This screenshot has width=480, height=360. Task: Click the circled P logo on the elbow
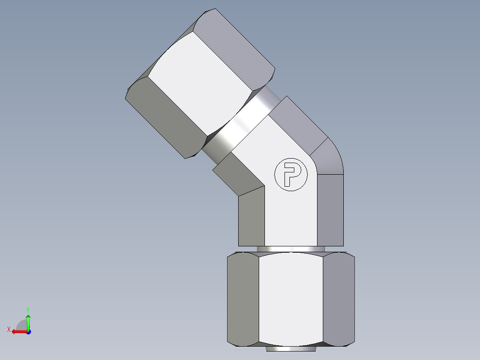tap(291, 174)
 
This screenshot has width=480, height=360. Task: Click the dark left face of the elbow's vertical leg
tap(252, 218)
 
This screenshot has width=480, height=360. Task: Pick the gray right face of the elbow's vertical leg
tap(330, 209)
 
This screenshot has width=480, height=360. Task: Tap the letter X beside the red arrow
tap(8, 329)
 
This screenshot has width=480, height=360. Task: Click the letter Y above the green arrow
tap(28, 309)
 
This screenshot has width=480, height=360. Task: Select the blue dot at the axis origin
tap(28, 332)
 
